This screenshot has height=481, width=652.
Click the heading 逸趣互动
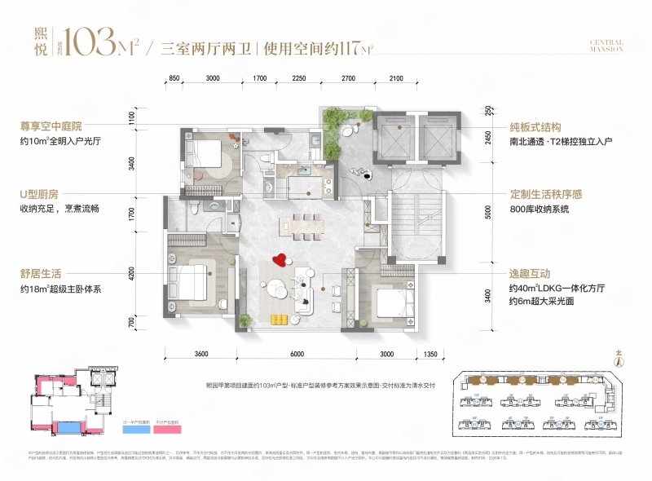[530, 275]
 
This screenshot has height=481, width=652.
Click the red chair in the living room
[280, 260]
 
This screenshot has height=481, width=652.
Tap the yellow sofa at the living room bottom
[281, 317]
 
